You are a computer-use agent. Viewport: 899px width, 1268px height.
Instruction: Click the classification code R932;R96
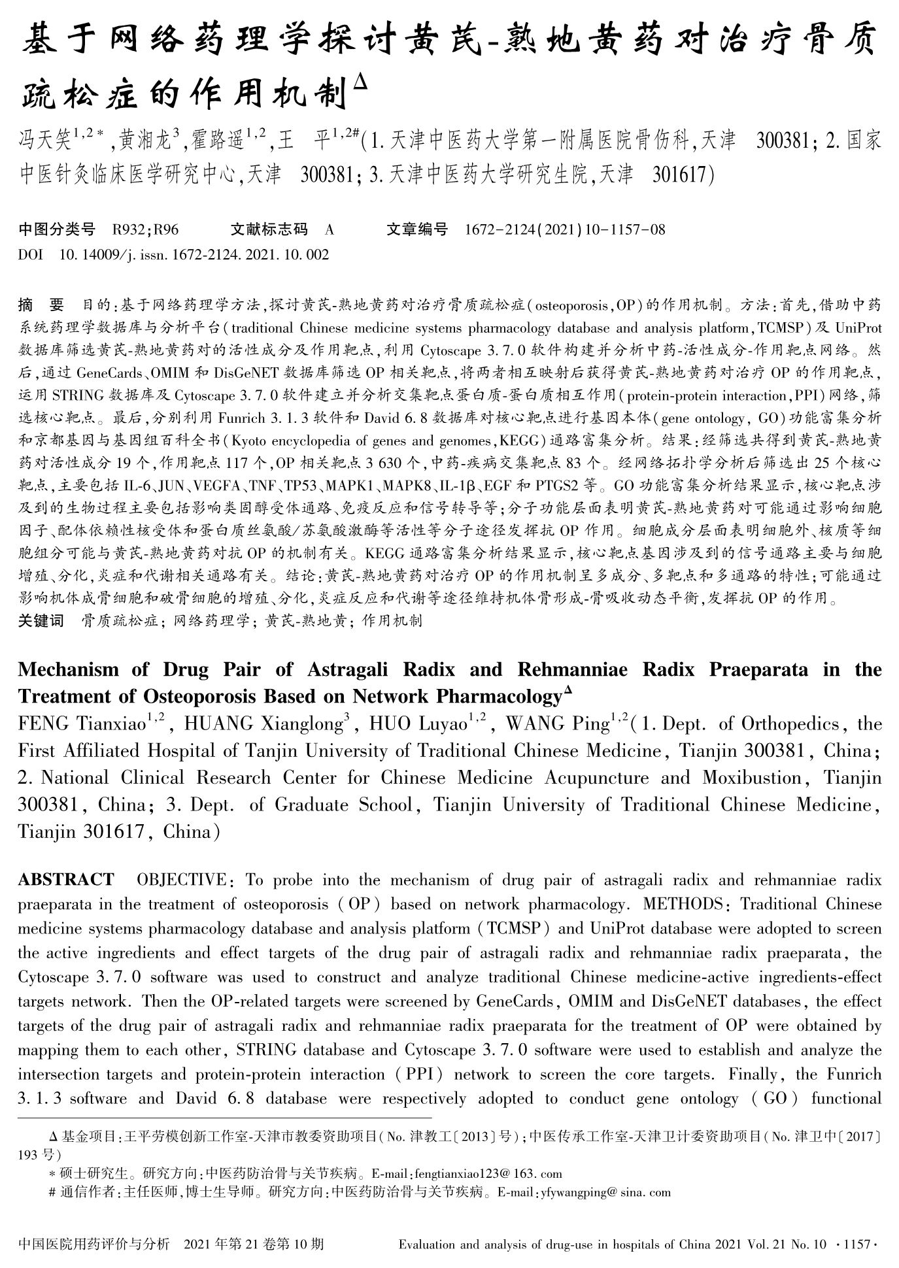[145, 229]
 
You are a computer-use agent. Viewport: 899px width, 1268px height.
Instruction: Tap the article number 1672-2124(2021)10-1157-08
[565, 229]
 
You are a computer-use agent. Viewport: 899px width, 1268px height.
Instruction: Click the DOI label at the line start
[30, 255]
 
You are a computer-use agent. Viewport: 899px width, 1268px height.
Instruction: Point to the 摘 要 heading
[41, 305]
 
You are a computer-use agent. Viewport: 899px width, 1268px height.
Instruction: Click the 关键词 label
[41, 620]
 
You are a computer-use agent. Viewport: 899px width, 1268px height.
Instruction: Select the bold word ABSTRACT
[66, 880]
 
